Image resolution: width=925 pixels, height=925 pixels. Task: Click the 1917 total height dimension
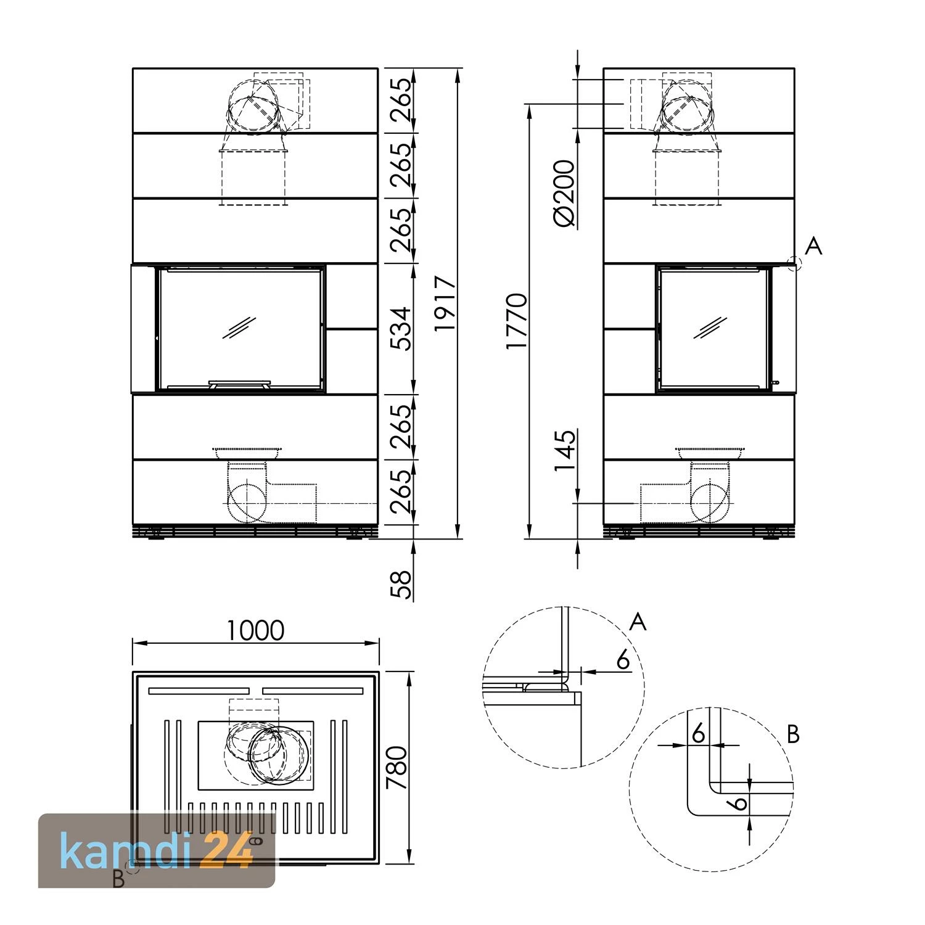[x=445, y=303]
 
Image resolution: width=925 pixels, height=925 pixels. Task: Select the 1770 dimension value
[x=517, y=321]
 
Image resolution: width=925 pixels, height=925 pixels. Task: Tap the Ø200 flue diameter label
[x=564, y=192]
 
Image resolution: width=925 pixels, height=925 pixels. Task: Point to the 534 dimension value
[x=402, y=328]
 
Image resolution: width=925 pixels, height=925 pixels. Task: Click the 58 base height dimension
[x=402, y=584]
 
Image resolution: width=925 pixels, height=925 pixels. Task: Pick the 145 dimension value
[x=564, y=451]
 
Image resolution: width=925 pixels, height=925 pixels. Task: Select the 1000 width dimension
[x=256, y=630]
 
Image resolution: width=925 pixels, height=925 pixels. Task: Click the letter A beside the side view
[x=814, y=246]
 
